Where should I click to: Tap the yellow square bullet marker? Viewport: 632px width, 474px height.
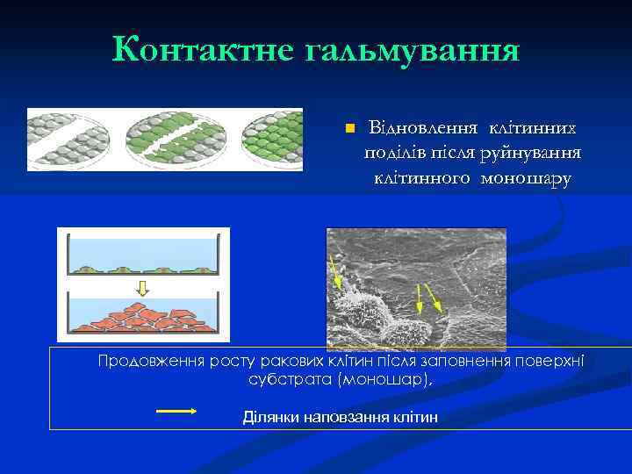coord(348,129)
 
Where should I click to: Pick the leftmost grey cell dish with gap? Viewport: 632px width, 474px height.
coord(68,140)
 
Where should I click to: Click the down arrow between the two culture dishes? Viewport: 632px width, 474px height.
coord(143,287)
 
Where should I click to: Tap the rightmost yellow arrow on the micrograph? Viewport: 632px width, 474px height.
coord(440,298)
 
